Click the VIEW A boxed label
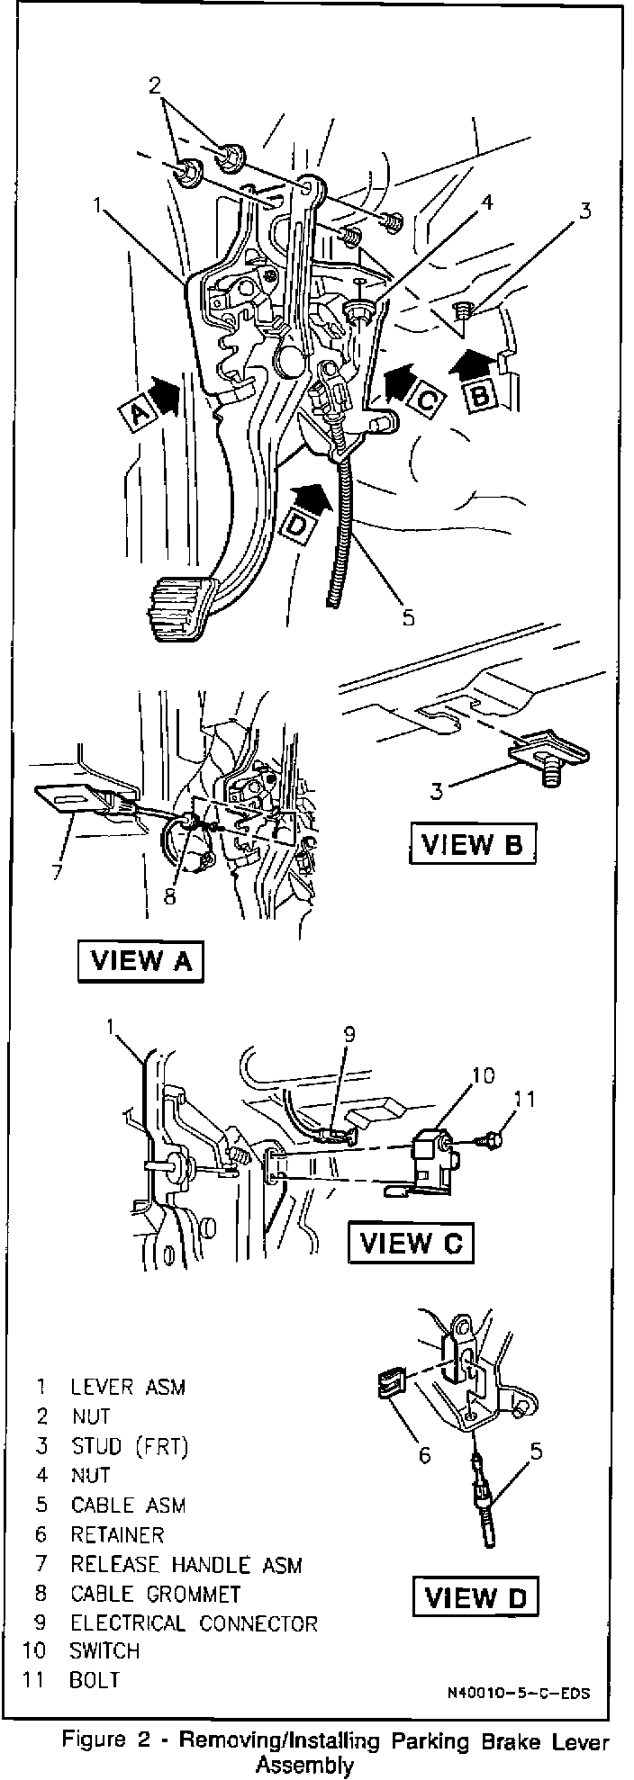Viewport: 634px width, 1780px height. [140, 960]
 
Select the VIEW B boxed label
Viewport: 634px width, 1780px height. [473, 845]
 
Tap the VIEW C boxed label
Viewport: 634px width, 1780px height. [411, 1243]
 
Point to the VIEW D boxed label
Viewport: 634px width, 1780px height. [475, 1596]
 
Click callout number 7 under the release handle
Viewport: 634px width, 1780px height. [58, 872]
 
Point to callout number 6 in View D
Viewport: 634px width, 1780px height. [424, 1453]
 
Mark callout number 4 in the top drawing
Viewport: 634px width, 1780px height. [486, 203]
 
